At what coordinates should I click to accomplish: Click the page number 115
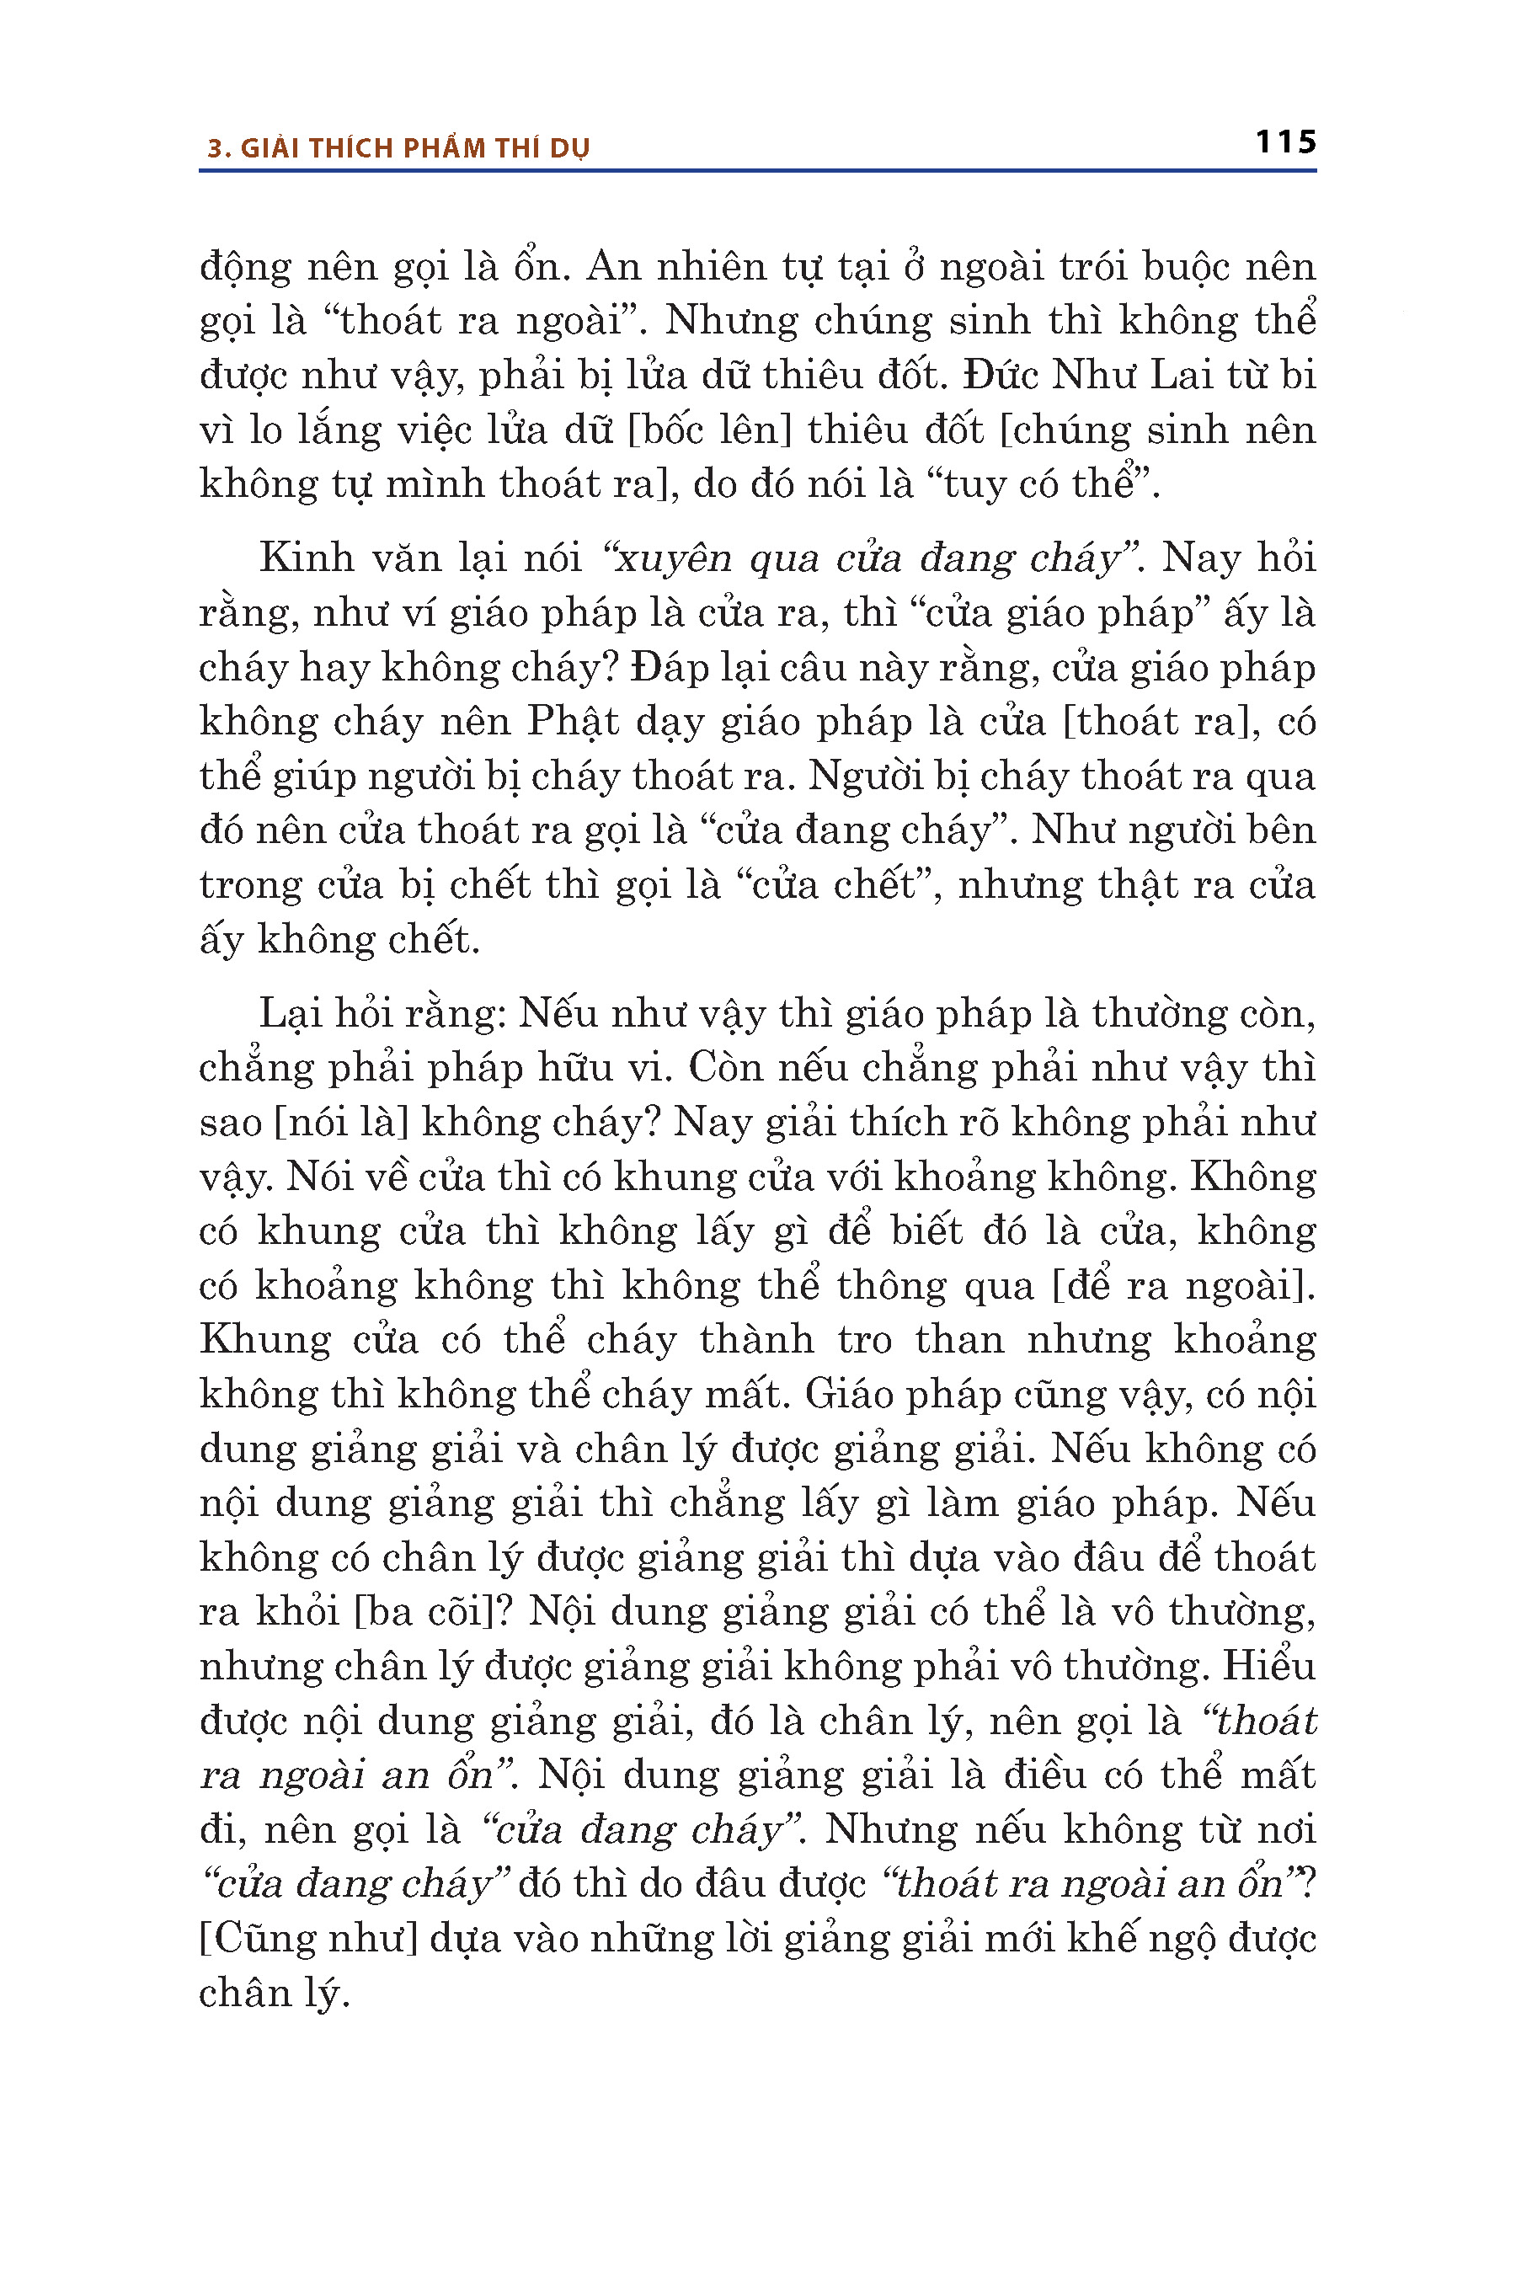pos(1285,142)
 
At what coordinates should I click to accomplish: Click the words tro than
pos(906,1340)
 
